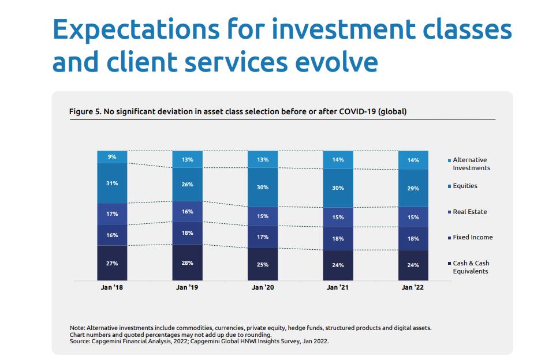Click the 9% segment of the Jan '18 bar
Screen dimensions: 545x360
(112, 157)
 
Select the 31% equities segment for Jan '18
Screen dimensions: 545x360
(112, 183)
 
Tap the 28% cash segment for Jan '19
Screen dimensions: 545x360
(187, 262)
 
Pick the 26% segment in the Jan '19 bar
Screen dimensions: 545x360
(187, 184)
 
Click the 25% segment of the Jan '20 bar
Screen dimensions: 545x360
(263, 264)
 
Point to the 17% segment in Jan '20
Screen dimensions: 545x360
(263, 237)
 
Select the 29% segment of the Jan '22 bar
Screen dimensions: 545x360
(413, 188)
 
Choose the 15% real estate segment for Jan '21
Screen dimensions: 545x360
(338, 217)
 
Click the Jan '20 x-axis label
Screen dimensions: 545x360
(263, 287)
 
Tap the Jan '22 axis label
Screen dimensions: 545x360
(413, 287)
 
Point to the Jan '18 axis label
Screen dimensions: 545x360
(112, 287)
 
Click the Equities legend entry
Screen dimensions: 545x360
(462, 186)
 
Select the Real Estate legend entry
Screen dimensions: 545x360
(468, 212)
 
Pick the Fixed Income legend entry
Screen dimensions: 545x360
(471, 237)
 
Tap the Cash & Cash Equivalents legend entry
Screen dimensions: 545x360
(469, 267)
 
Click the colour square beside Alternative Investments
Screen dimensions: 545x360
(449, 160)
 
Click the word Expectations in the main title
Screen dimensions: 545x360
(136, 30)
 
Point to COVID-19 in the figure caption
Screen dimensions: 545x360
(357, 111)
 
